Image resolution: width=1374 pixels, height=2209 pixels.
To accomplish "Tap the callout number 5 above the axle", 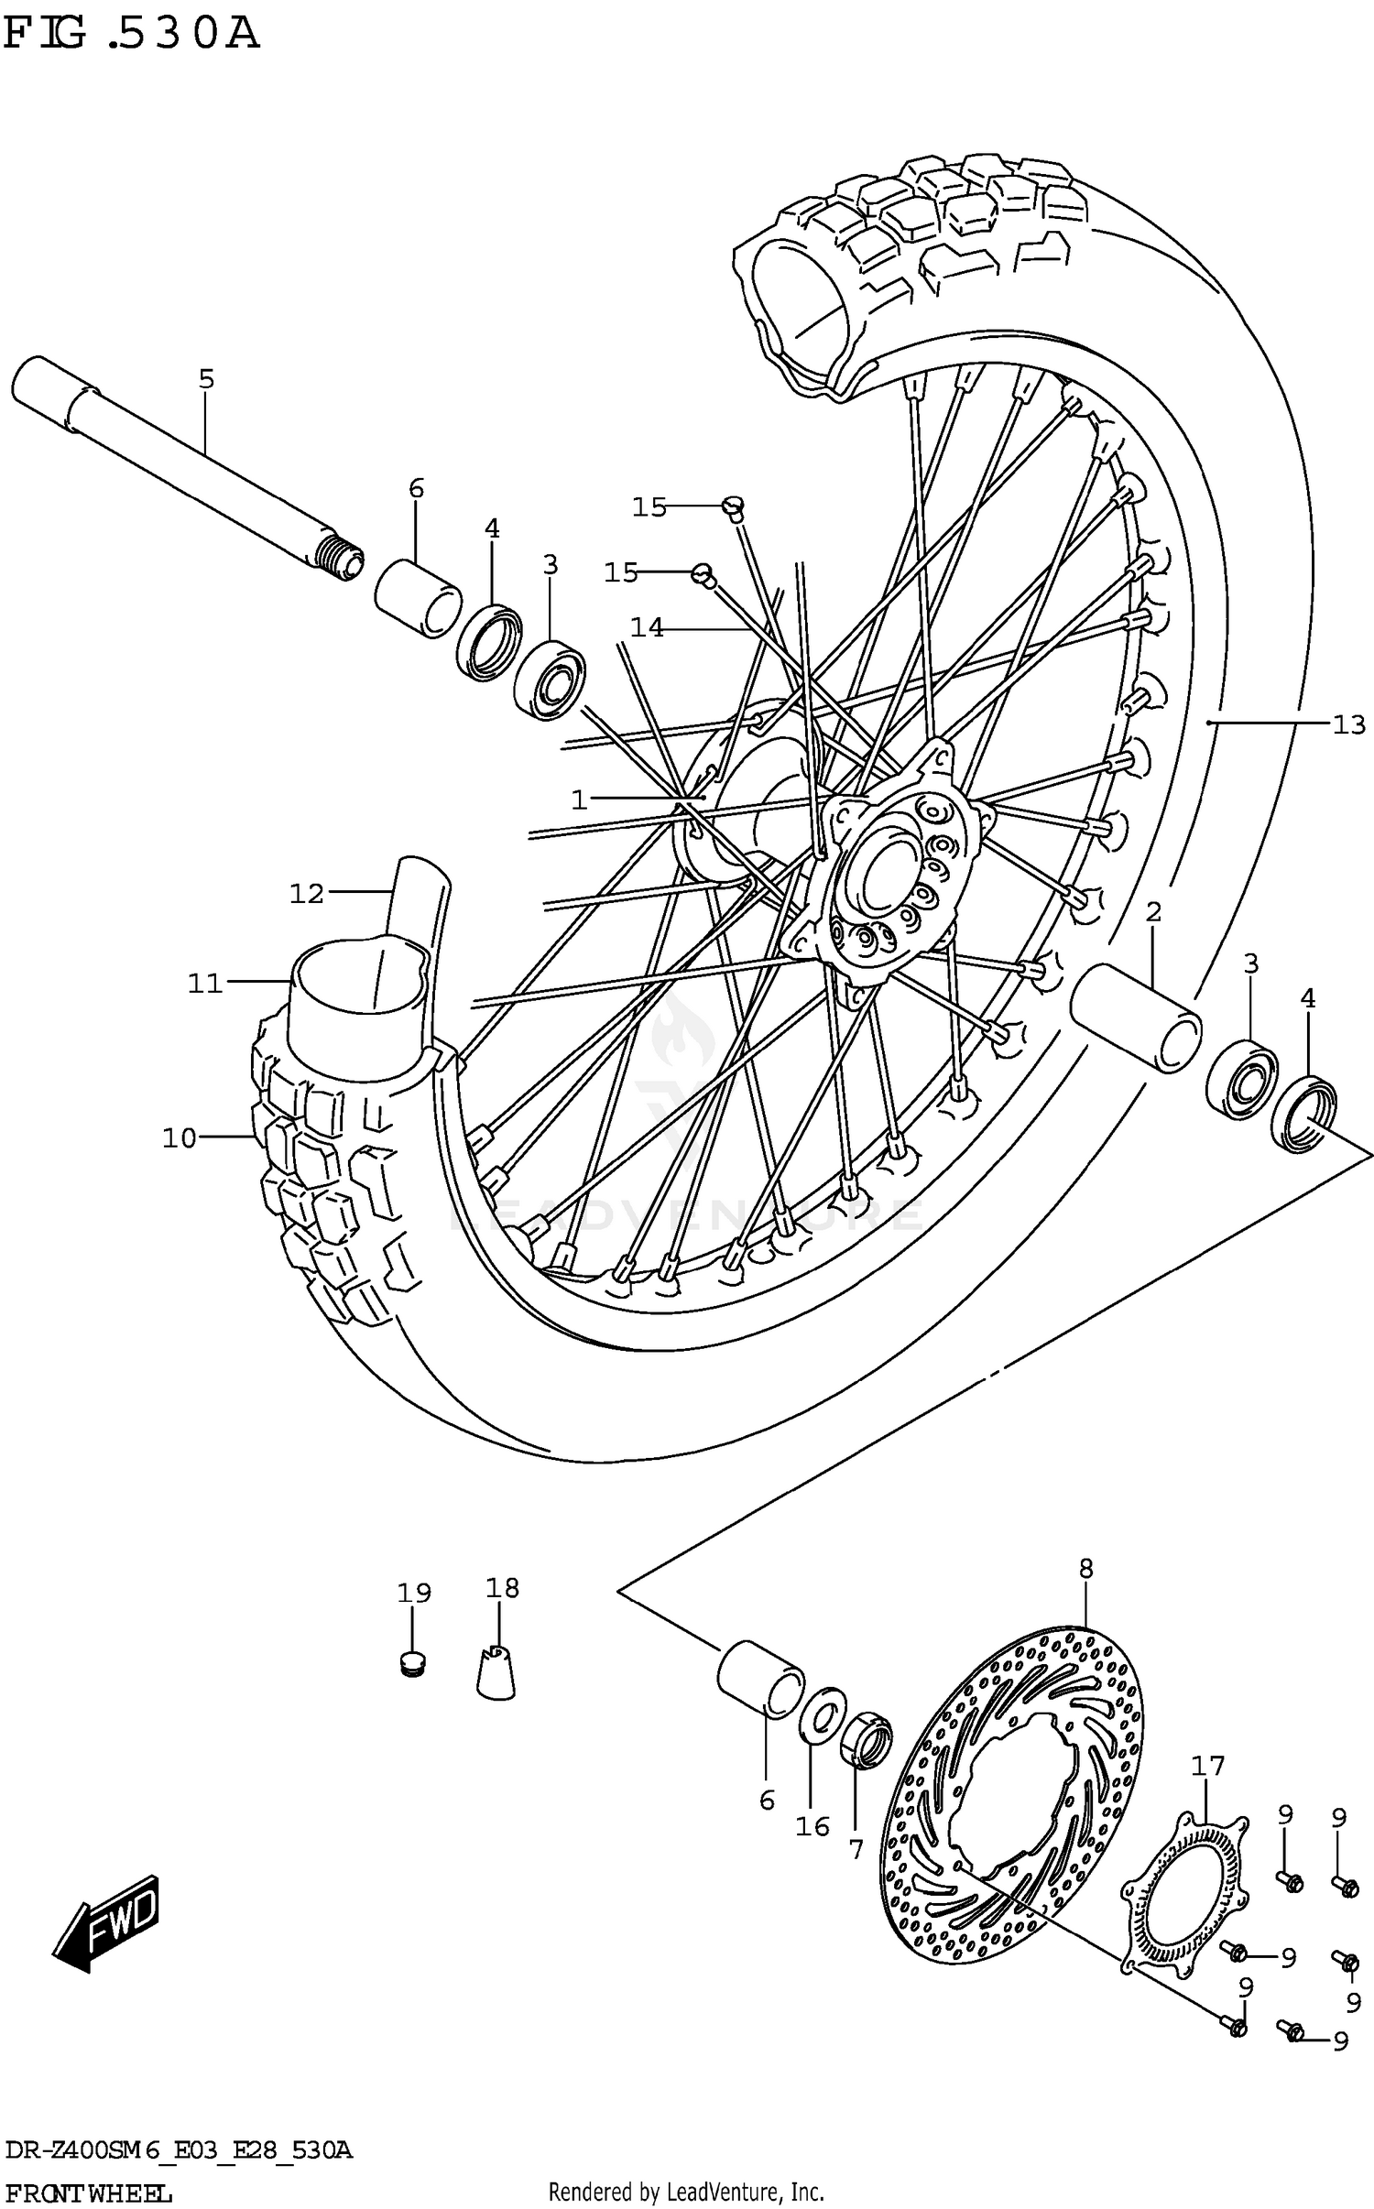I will pyautogui.click(x=206, y=378).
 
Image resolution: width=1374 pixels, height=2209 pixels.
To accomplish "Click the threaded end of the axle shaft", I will pyautogui.click(x=341, y=558).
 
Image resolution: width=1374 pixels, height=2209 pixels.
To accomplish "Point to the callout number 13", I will pyautogui.click(x=1348, y=725).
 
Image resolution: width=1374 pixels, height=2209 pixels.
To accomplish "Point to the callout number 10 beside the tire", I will pyautogui.click(x=180, y=1138).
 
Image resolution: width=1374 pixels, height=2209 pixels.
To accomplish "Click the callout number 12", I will pyautogui.click(x=307, y=893).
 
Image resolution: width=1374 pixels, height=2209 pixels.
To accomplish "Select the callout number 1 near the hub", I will pyautogui.click(x=579, y=801).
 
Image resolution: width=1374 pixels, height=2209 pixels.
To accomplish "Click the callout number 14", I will pyautogui.click(x=647, y=628).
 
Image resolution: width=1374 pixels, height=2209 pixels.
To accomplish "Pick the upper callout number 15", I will pyautogui.click(x=649, y=506).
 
